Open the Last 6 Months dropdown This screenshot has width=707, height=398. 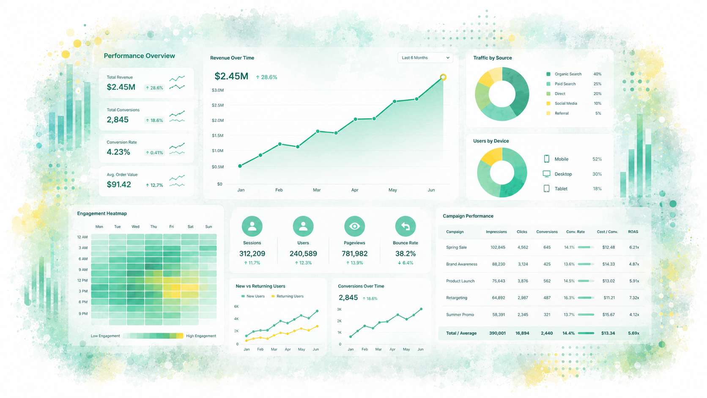tap(425, 58)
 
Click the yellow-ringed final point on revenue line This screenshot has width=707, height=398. tap(443, 77)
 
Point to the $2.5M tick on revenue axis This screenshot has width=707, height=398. tap(218, 105)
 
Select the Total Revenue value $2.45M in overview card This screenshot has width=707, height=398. tap(121, 87)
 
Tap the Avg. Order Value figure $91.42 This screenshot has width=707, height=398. tap(119, 184)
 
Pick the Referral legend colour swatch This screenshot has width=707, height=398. tap(548, 113)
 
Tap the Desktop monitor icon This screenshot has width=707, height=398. tap(546, 174)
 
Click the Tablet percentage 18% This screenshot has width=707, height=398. tap(597, 189)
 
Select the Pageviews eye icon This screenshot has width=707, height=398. tap(354, 226)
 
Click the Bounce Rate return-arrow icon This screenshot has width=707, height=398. tap(405, 226)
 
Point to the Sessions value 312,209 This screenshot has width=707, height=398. tap(252, 253)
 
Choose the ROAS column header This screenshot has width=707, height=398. tap(633, 232)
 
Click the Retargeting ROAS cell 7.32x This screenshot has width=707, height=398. tap(634, 298)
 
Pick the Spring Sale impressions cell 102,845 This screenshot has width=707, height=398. tap(498, 247)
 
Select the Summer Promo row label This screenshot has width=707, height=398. tap(460, 315)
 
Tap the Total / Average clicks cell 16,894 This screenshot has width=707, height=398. tap(522, 333)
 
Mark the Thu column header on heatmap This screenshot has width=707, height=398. tap(153, 227)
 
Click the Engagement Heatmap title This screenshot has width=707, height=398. tap(102, 213)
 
